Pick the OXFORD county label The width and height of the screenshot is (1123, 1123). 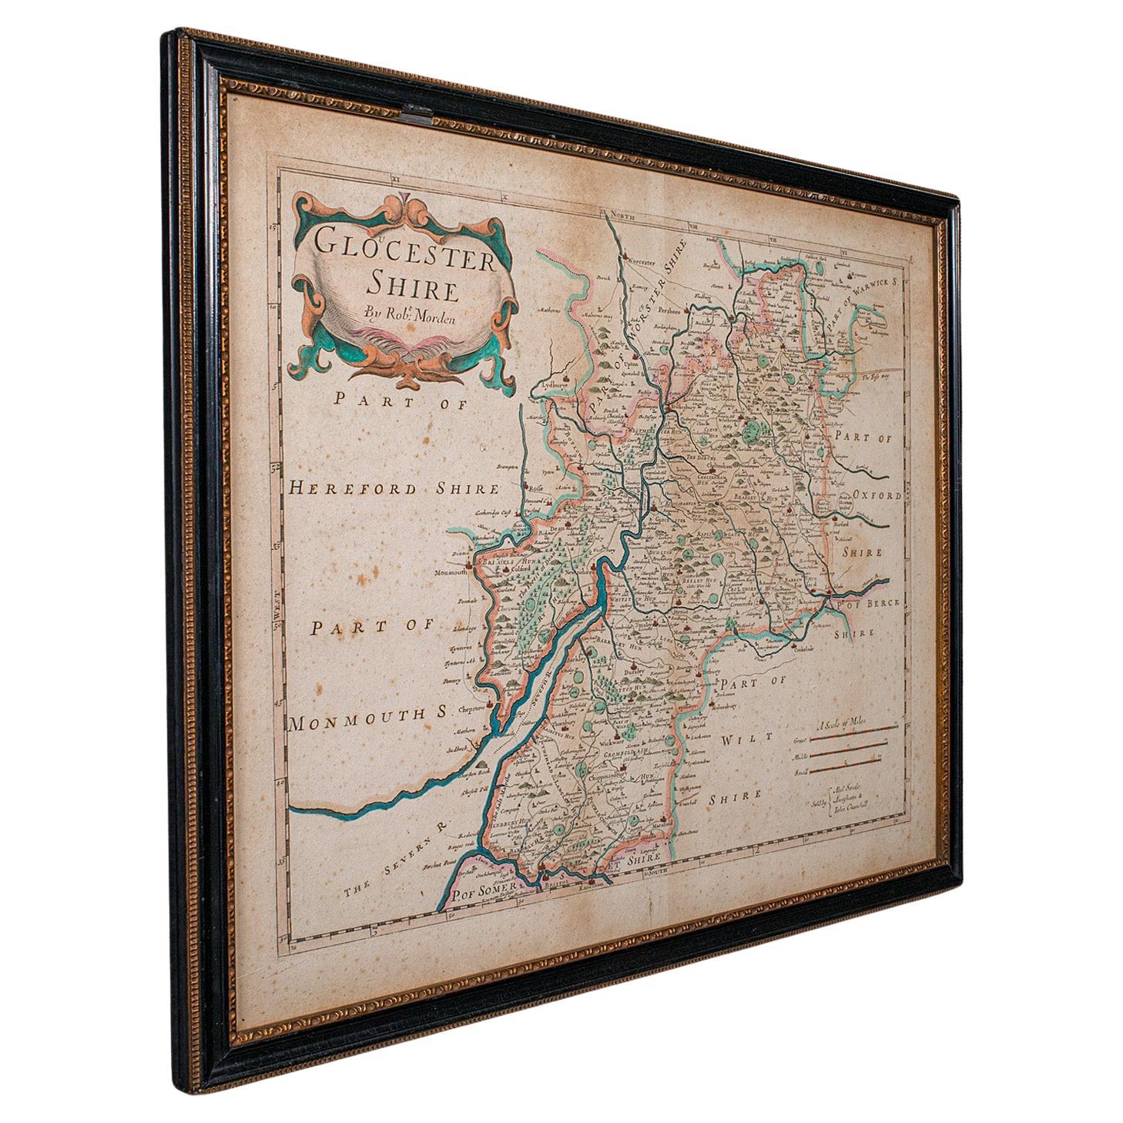click(873, 497)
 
